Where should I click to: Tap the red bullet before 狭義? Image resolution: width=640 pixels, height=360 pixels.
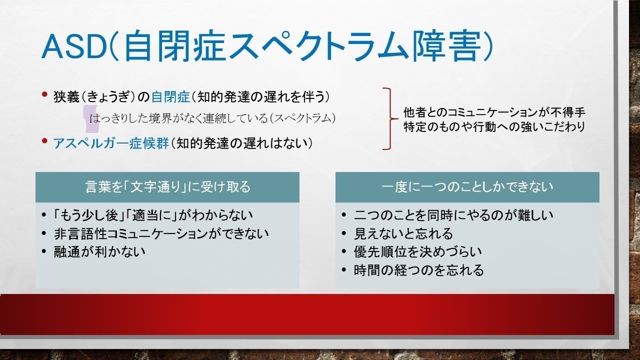tap(44, 94)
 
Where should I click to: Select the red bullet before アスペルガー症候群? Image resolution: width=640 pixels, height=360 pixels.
tap(44, 140)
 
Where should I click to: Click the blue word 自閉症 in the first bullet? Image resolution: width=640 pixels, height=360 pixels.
tap(170, 97)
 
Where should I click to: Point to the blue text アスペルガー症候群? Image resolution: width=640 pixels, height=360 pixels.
tap(111, 143)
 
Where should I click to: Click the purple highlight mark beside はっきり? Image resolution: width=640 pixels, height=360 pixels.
tap(91, 119)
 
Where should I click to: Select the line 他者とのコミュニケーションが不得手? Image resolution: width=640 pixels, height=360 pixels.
tap(494, 112)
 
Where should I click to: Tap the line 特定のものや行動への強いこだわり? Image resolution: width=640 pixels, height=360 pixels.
tap(494, 127)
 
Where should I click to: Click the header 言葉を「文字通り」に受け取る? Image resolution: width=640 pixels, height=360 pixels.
tap(167, 187)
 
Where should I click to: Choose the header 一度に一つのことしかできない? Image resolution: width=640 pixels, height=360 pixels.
tap(467, 187)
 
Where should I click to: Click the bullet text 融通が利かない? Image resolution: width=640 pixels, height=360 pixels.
tap(99, 251)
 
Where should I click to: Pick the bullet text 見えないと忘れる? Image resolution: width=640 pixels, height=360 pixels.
tap(403, 233)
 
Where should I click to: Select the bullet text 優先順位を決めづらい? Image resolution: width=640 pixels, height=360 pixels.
tap(417, 251)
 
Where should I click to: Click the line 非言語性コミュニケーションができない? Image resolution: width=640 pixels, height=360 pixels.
tap(161, 233)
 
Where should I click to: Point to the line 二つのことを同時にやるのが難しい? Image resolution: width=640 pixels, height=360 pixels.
tap(453, 215)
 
